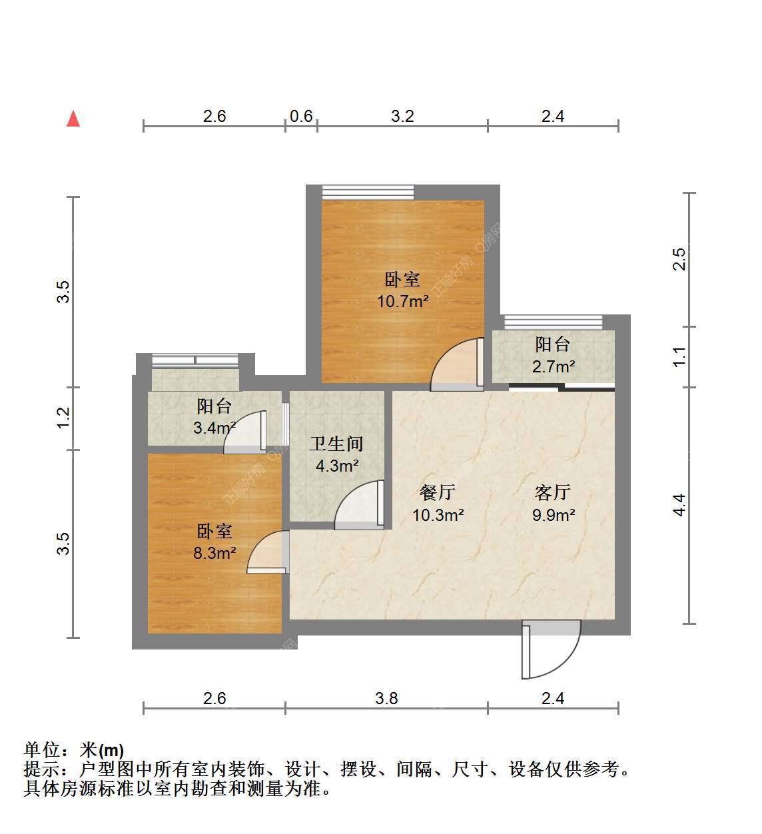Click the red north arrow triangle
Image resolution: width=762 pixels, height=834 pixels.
tap(73, 119)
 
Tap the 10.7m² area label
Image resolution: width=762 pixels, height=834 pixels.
tap(402, 301)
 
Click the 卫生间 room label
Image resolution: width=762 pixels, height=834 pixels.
tap(336, 444)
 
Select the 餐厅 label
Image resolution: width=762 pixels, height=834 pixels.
tap(438, 493)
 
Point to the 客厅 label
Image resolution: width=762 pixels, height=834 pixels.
tap(552, 493)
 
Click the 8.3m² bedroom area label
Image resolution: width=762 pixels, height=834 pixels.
tap(214, 553)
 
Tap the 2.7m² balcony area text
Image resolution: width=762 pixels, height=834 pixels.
tap(554, 366)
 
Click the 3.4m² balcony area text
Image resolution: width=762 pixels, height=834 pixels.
tap(214, 428)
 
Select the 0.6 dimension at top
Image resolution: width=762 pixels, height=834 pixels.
tap(301, 116)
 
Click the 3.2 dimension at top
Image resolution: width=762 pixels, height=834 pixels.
tap(402, 116)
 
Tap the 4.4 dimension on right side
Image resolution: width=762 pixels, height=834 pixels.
tap(679, 505)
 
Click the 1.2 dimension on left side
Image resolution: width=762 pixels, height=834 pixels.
tap(63, 418)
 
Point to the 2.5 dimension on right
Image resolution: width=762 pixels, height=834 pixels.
tap(679, 259)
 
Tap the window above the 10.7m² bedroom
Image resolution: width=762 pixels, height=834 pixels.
tap(368, 193)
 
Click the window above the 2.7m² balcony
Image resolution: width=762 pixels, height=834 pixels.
tap(554, 322)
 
